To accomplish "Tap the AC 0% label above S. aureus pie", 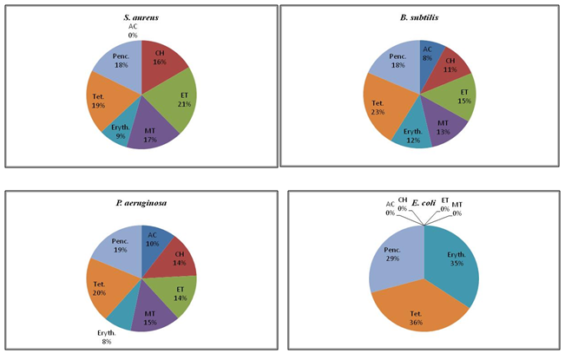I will coord(132,30).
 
